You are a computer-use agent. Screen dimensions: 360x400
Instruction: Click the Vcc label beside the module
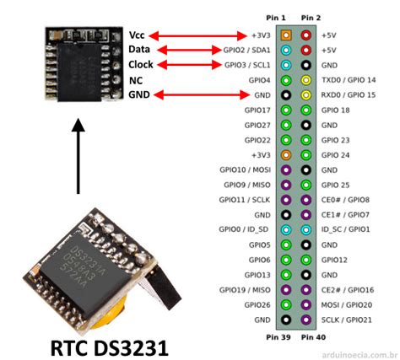(x=138, y=35)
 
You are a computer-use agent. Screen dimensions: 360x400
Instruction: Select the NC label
(x=135, y=80)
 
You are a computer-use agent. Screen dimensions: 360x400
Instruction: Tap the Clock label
(x=141, y=65)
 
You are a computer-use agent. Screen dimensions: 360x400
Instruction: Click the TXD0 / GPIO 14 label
(x=349, y=80)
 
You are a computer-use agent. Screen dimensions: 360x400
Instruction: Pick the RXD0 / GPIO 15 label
(x=349, y=95)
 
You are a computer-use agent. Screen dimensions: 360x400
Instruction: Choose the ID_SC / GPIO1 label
(x=346, y=228)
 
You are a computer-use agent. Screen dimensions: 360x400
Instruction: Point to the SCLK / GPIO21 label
(x=347, y=320)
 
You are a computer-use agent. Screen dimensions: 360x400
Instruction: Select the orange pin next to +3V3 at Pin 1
(x=287, y=35)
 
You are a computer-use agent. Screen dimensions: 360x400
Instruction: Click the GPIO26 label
(x=257, y=304)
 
